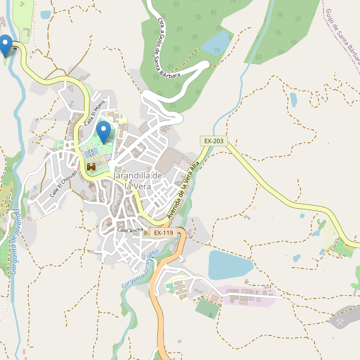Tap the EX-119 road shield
pos(163,233)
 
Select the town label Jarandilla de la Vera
pos(138,181)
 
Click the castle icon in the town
pos(91,167)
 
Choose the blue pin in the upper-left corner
pos(6,46)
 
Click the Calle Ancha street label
pos(130,230)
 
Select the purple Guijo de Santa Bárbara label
pos(342,36)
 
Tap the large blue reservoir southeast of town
pos(230,264)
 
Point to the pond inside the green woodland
pos(217,42)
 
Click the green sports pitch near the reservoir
pos(208,308)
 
